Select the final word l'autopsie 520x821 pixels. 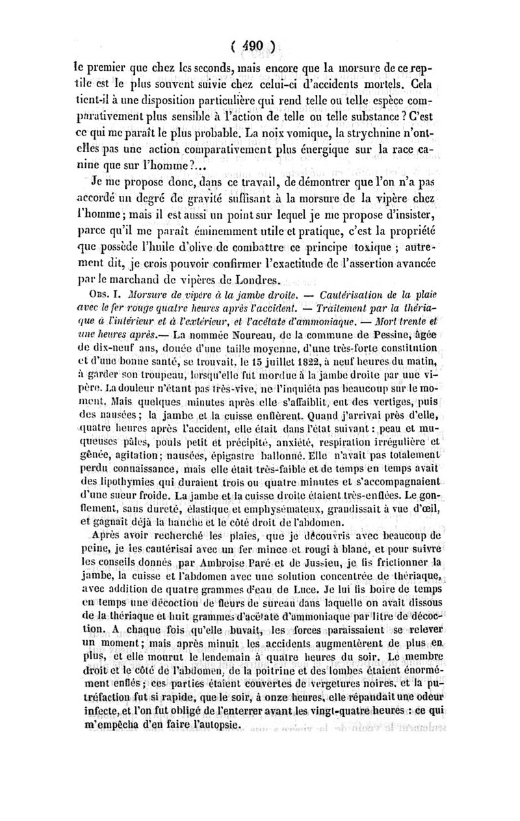pos(207,746)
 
